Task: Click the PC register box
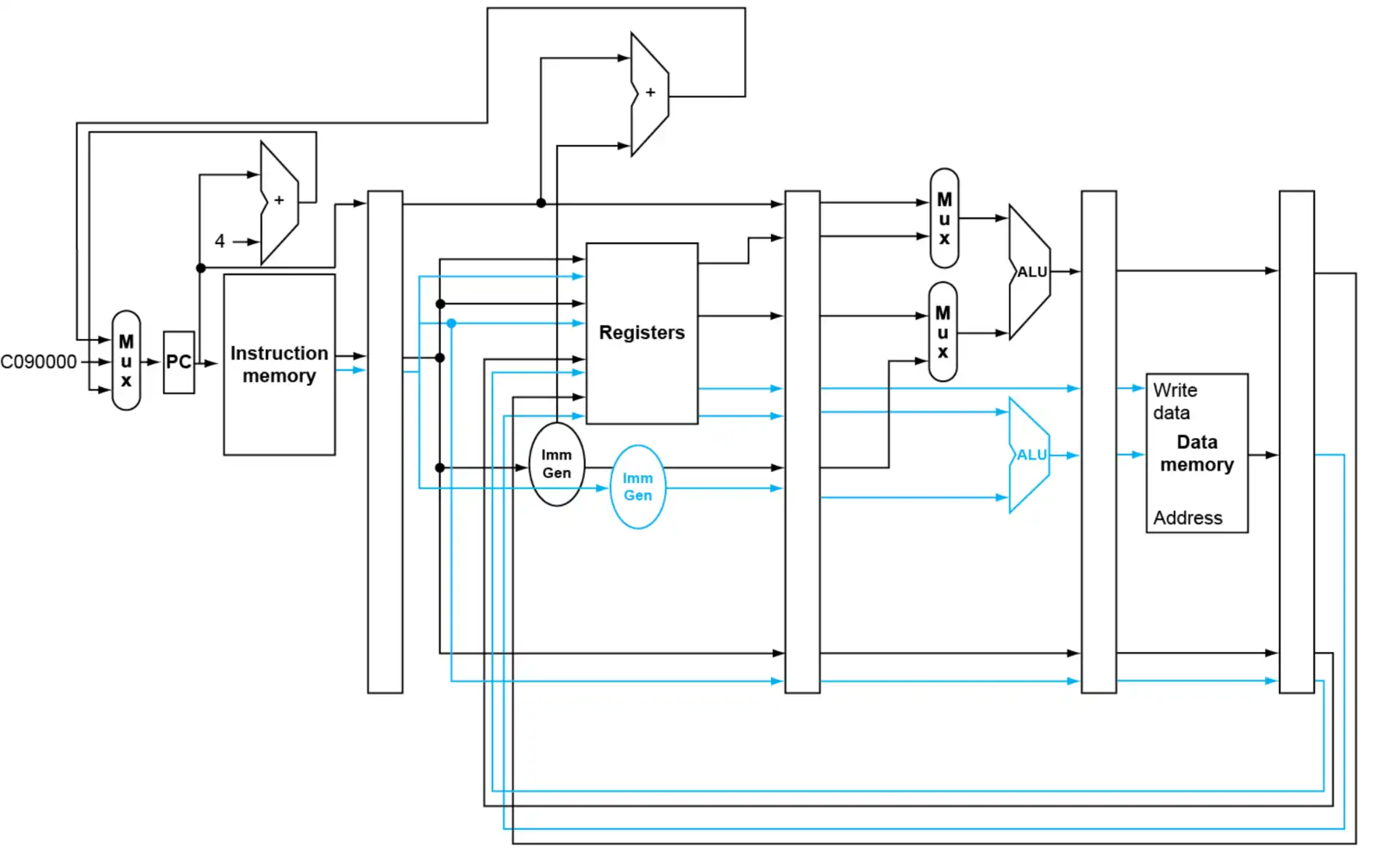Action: (x=179, y=362)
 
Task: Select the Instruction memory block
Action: (x=279, y=364)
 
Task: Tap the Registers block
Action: (x=641, y=333)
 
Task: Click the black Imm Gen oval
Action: (x=556, y=464)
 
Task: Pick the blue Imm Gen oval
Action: (x=638, y=487)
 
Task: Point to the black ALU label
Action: (x=1032, y=272)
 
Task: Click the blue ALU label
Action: (x=1031, y=455)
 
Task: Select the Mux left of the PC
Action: (x=126, y=361)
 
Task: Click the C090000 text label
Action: (x=39, y=361)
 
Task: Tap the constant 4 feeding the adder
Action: (x=219, y=241)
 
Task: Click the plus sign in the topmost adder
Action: (x=650, y=93)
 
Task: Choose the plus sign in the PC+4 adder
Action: (x=278, y=200)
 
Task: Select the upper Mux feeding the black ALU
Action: (x=944, y=219)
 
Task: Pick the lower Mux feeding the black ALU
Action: (x=943, y=332)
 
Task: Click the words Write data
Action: (x=1174, y=401)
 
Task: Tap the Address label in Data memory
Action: (x=1188, y=518)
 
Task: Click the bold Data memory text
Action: (x=1196, y=453)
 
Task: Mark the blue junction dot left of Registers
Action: (x=452, y=323)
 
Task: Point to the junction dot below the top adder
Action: (x=541, y=203)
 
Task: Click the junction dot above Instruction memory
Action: (x=201, y=268)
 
